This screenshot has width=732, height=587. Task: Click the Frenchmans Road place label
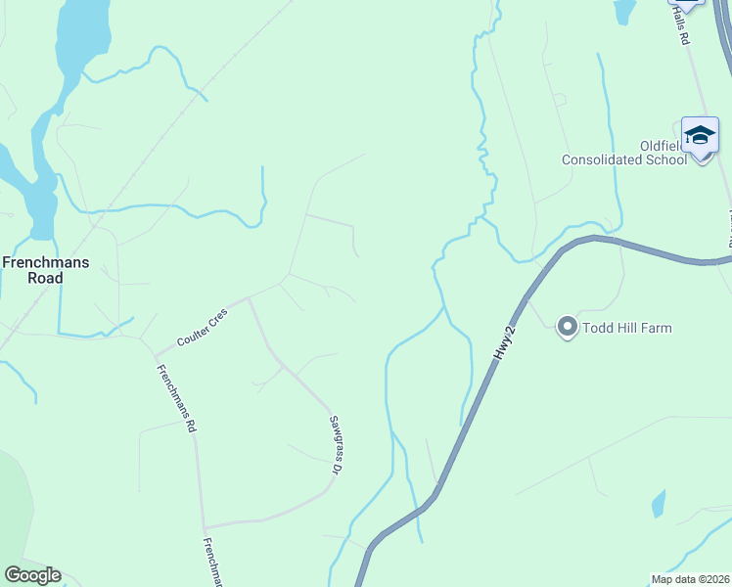coord(46,270)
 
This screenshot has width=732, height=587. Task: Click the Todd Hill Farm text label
coord(627,328)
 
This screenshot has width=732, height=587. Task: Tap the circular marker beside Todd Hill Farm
coord(568,327)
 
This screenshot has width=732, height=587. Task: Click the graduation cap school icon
coord(700,135)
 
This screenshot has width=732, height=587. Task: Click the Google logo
coord(32,575)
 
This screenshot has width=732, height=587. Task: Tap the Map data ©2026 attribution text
coord(690,579)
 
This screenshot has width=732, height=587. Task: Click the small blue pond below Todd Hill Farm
coord(659,503)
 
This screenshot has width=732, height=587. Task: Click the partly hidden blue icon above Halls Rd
coord(688,3)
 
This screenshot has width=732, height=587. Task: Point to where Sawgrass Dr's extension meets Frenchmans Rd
coord(205,526)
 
